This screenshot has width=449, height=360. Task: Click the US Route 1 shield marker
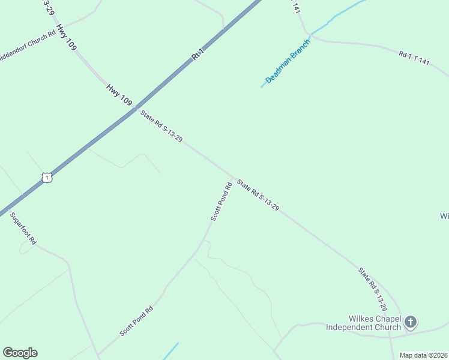pos(47,178)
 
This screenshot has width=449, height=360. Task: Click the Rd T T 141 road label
pos(414,58)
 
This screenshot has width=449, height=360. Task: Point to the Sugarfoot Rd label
pos(23,227)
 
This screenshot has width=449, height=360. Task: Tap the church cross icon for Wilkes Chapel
pos(411,322)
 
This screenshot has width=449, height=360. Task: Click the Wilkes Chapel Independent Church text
pos(363,323)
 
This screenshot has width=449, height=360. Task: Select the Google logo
pos(20,353)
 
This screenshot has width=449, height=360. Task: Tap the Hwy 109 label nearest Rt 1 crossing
pos(119,95)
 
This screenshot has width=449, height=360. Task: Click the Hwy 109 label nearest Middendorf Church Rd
pos(66,37)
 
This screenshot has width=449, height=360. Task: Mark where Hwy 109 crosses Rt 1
pos(137,107)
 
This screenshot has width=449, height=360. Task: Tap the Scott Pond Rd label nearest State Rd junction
pos(221,201)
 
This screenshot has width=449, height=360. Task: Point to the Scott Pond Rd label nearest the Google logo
pos(136,321)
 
